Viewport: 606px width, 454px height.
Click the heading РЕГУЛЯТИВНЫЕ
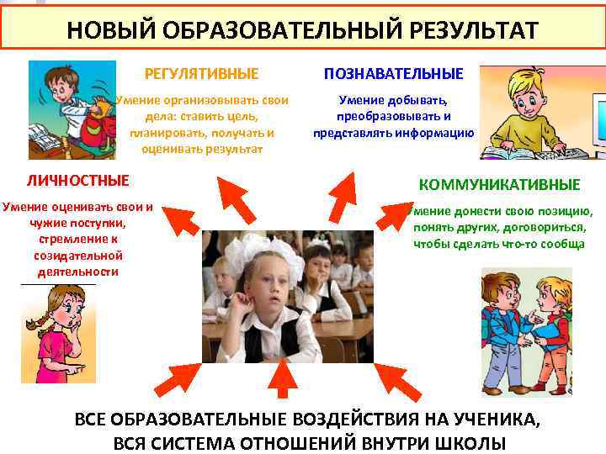click(x=201, y=74)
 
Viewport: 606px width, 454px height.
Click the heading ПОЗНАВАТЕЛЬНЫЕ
click(x=394, y=74)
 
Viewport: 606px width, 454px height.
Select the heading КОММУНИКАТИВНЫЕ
click(x=500, y=184)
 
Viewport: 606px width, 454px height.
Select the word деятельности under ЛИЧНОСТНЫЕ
click(x=77, y=272)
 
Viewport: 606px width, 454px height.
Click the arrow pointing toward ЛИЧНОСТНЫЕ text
click(x=179, y=219)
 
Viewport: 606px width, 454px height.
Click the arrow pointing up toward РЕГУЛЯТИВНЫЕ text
click(x=239, y=194)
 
